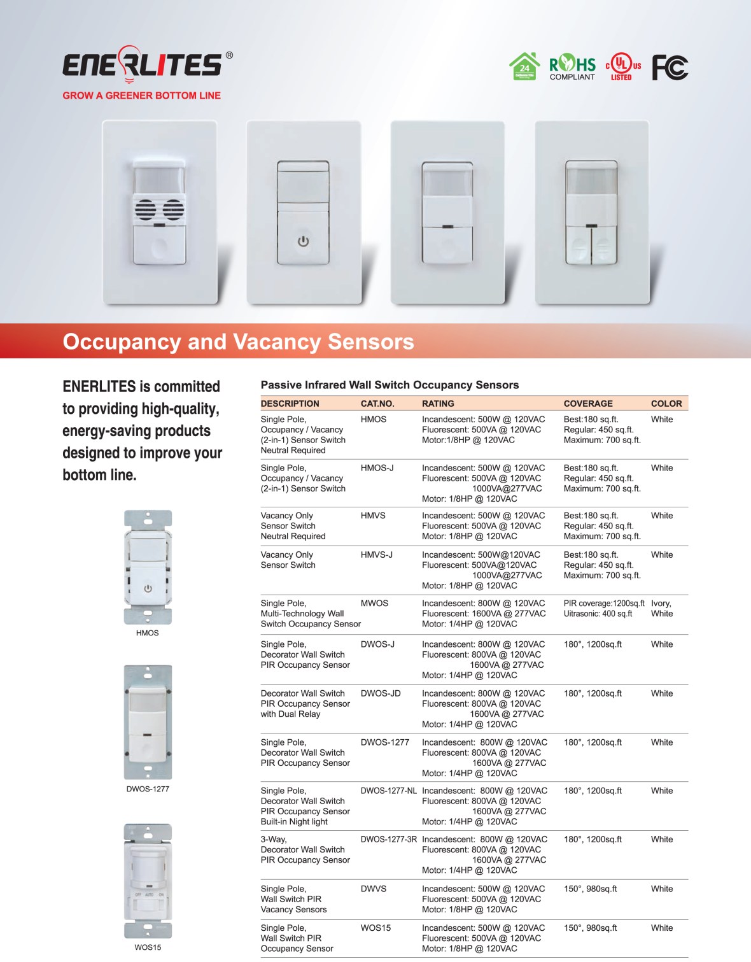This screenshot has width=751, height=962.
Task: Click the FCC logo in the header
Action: point(670,67)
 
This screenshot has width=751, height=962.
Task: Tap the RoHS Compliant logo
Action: point(572,67)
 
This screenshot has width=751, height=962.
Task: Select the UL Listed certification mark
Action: point(622,66)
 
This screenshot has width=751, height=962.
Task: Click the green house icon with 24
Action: point(524,66)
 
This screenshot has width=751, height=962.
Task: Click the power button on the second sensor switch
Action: point(303,241)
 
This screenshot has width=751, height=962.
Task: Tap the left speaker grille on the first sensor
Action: point(145,209)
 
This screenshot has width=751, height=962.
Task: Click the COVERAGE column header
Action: point(588,404)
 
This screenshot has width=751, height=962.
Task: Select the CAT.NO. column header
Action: point(377,404)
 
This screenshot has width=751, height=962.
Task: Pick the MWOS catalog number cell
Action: point(374,604)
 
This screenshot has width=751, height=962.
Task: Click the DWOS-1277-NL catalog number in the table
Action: point(388,791)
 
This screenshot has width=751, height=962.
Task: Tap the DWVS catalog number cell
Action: point(374,889)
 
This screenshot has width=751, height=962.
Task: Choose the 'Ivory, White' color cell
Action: point(661,609)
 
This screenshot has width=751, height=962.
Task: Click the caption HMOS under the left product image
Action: point(147,633)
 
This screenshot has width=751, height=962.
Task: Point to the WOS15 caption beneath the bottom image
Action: point(148,947)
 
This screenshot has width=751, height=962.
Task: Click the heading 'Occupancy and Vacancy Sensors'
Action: point(238,342)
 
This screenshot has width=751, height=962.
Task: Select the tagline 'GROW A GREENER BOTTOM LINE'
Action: point(141,95)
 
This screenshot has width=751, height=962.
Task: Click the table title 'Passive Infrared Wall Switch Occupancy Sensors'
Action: point(390,385)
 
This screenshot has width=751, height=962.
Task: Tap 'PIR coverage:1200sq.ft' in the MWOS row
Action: point(603,604)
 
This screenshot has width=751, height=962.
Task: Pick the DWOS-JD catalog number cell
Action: point(381,693)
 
